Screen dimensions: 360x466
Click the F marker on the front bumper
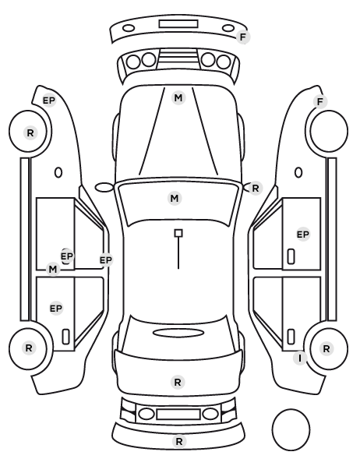(x=243, y=37)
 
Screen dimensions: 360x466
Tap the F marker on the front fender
(x=320, y=102)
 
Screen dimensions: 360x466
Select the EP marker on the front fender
(x=49, y=101)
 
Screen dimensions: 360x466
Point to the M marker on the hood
(x=178, y=97)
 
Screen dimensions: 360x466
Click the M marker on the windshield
(x=175, y=198)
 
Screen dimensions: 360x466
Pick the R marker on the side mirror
(x=256, y=188)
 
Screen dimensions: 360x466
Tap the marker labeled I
(x=300, y=358)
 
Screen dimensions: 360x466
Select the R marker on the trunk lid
(x=178, y=382)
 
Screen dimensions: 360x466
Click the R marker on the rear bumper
(x=179, y=441)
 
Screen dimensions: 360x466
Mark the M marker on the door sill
(x=53, y=270)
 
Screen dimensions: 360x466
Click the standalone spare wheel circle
(x=291, y=429)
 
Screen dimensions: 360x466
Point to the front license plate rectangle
(x=178, y=24)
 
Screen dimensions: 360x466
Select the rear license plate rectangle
(x=178, y=414)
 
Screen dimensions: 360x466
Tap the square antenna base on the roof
(x=178, y=233)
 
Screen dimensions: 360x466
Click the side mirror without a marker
(x=104, y=188)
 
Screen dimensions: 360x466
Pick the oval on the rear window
(x=178, y=333)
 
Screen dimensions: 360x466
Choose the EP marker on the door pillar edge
(x=106, y=260)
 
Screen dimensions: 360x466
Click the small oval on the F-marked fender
(x=298, y=173)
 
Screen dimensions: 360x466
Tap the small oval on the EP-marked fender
(x=58, y=173)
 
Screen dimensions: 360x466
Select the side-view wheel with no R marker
(x=329, y=131)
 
